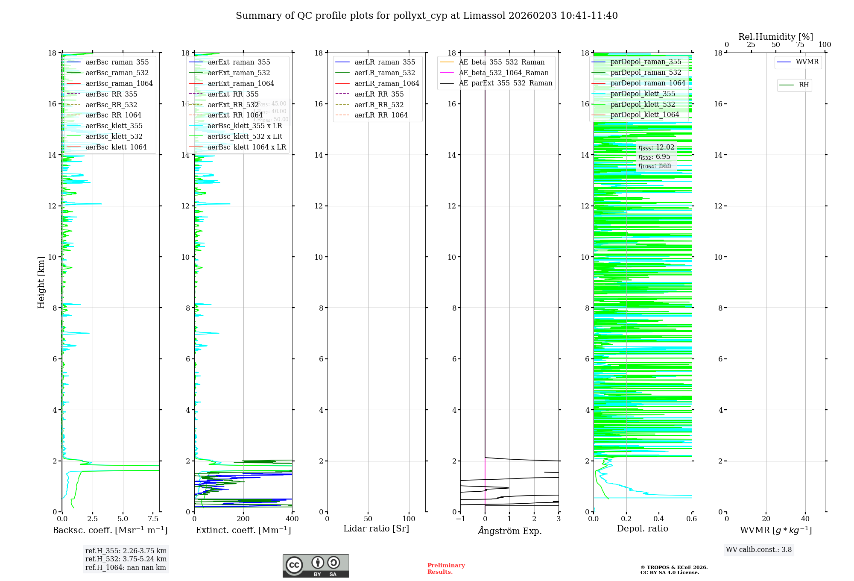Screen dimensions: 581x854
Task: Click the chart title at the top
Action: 427,16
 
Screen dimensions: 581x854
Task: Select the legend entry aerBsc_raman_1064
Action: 119,83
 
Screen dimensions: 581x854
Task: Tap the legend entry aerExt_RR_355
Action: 233,94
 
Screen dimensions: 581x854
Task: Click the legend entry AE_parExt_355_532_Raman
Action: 505,83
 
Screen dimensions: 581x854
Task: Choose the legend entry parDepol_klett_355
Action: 643,94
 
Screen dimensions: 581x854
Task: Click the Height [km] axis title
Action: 41,282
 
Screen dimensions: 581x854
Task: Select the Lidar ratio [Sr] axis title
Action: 376,528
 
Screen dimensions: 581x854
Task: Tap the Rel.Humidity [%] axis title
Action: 775,37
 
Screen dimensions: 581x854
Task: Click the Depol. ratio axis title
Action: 642,528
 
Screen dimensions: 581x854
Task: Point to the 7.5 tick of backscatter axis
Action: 153,519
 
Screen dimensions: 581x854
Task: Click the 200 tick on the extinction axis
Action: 243,519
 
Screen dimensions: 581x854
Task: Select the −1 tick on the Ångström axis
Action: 460,519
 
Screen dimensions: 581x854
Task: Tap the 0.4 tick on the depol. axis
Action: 659,519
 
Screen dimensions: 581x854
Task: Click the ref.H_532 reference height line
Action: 126,559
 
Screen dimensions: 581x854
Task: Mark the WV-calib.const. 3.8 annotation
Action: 758,550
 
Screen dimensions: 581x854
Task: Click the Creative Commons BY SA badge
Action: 316,566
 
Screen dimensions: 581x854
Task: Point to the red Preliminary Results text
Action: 446,569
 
